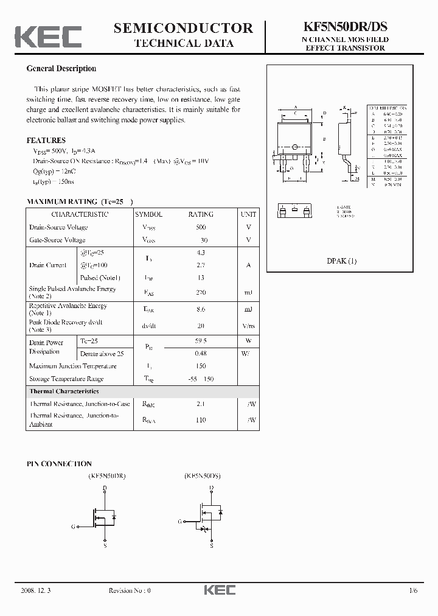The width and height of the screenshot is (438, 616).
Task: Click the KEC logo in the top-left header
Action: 48,37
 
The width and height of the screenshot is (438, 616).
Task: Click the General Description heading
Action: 61,69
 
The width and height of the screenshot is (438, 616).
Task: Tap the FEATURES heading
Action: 46,140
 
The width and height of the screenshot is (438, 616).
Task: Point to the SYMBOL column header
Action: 148,214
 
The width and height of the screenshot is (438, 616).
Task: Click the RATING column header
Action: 201,214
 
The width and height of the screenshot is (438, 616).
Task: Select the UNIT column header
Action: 248,214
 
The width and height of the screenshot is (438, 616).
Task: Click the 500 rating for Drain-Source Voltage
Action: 201,227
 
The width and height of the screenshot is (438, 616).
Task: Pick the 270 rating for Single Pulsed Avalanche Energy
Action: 201,293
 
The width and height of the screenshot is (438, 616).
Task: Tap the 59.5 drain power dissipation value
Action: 201,341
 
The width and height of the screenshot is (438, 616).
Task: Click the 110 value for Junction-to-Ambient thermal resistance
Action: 201,420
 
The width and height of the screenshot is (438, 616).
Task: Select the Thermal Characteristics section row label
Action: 64,391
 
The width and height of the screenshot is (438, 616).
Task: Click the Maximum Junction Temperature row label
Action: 72,366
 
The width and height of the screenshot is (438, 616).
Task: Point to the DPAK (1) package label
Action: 342,261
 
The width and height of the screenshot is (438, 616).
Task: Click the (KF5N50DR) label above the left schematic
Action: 106,475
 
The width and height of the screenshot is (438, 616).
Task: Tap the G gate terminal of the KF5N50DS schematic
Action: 180,522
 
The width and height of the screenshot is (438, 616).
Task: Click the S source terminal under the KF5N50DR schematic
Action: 105,546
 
